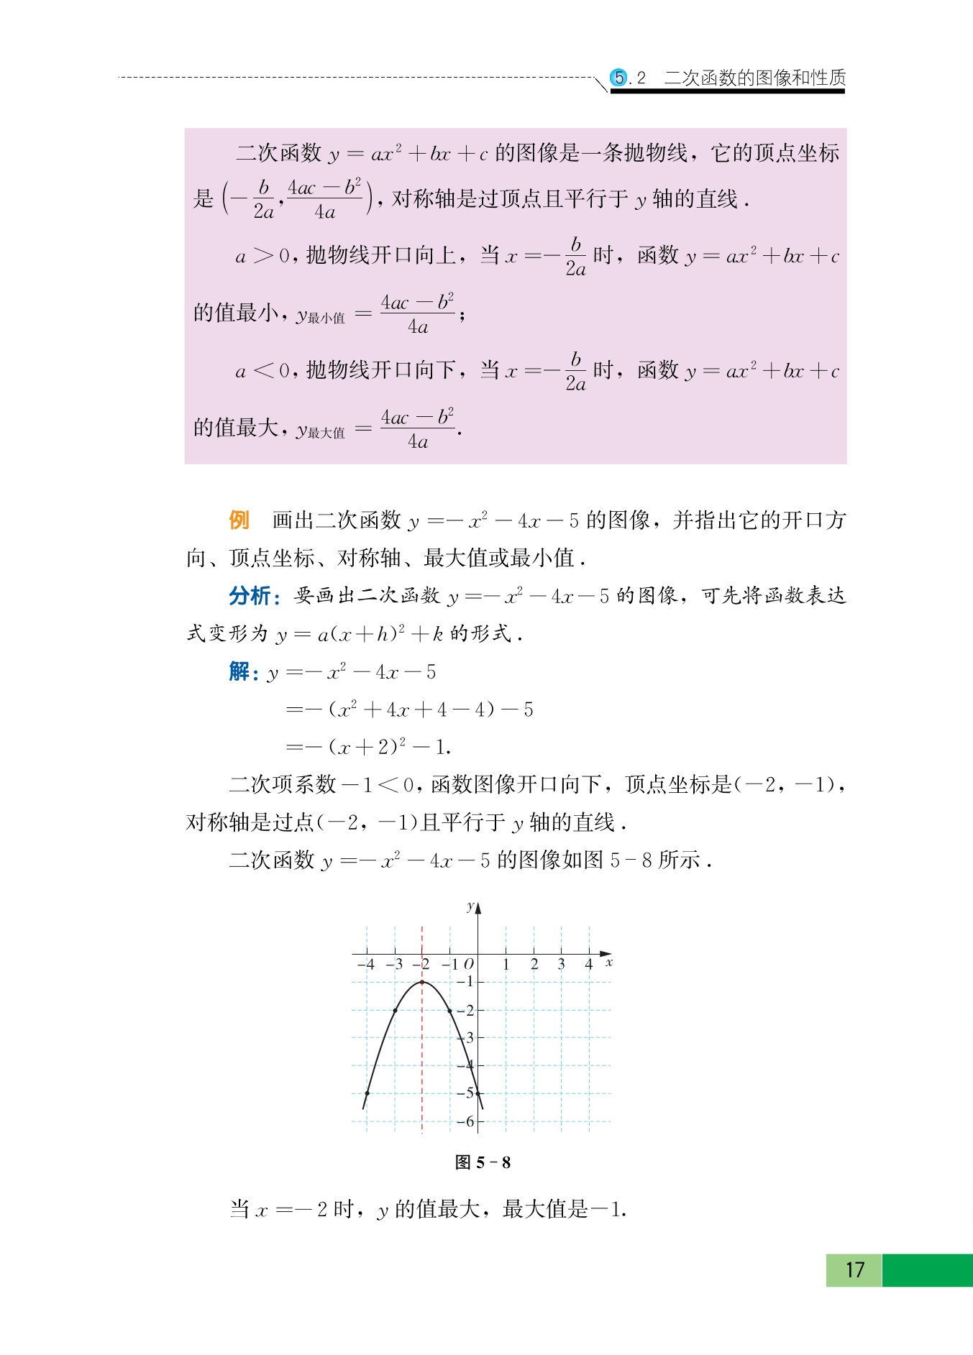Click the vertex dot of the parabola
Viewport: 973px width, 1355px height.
coord(422,982)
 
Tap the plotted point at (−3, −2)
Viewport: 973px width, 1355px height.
coord(395,1010)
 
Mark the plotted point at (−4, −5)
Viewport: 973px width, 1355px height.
coord(367,1093)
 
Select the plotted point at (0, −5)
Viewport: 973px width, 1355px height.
coord(478,1093)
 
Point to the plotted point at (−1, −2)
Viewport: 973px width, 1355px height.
coord(450,1010)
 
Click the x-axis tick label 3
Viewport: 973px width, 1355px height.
coord(561,964)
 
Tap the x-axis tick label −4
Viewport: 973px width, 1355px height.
coord(366,964)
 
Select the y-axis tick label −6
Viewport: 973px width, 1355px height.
coord(466,1121)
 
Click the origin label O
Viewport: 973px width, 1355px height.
coord(469,964)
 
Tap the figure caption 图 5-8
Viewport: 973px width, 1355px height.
coord(483,1162)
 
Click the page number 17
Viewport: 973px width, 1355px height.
coord(854,1269)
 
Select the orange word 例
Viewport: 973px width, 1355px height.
coord(239,520)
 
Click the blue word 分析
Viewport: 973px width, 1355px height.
coord(250,596)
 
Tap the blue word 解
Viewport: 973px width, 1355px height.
coord(239,671)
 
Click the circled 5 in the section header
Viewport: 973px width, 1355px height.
coord(618,77)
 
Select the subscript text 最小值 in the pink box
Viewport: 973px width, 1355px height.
coord(326,318)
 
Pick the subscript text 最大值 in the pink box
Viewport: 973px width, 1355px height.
coord(326,433)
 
